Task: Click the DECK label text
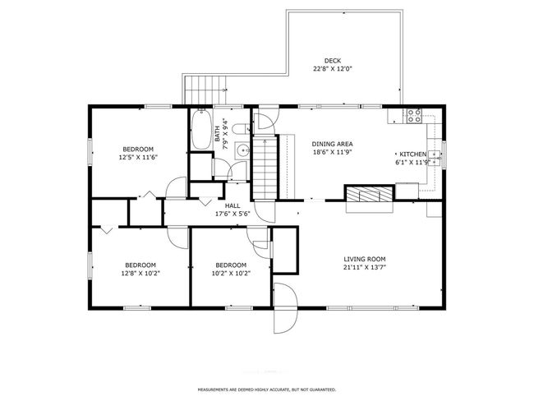tap(332, 60)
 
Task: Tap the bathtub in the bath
tap(200, 131)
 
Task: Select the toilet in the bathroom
tap(239, 129)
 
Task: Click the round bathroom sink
tap(242, 150)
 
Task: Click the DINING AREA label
tap(332, 143)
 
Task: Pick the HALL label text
tap(232, 205)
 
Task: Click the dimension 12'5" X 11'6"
tap(137, 157)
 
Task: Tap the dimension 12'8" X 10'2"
tap(140, 273)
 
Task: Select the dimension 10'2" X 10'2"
tap(230, 273)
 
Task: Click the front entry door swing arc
tap(284, 307)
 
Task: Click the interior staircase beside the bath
tap(264, 168)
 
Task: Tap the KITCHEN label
tap(412, 154)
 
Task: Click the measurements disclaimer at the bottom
tap(266, 389)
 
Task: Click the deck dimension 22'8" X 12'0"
tap(332, 69)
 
